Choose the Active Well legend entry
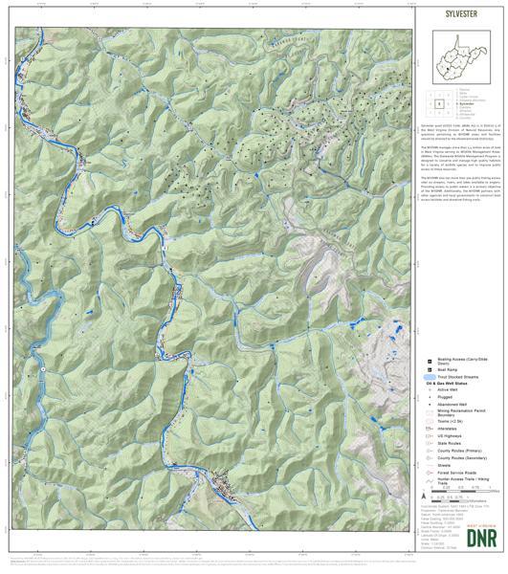pyautogui.click(x=447, y=389)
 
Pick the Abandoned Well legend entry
pyautogui.click(x=451, y=405)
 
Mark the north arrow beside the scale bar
pyautogui.click(x=425, y=497)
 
